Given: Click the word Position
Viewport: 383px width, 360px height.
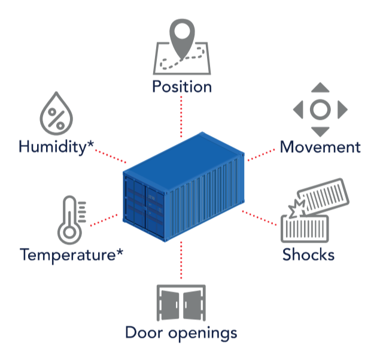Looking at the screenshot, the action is pos(182,87).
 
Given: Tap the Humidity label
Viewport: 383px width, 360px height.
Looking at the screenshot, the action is pos(56,147).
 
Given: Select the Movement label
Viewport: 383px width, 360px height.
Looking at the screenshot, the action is pos(320,147).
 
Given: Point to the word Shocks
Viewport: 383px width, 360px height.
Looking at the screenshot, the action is pos(308,255).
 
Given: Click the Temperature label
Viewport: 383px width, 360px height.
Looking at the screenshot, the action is pos(71,255).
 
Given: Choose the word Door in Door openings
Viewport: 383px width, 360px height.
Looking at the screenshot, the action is pos(144,332).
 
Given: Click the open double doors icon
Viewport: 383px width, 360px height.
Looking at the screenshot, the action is pos(181,302).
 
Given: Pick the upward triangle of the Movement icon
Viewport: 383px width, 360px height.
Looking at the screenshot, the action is pos(320,87).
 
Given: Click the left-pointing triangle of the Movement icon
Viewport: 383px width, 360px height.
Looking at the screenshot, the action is pos(298,110).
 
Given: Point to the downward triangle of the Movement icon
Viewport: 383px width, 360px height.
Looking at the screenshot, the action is pos(320,132).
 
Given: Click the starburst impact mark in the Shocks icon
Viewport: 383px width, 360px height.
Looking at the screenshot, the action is pos(297,210).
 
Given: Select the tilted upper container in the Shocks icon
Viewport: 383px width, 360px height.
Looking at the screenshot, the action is pos(323,196).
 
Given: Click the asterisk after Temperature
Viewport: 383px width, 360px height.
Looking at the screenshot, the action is pos(120,252).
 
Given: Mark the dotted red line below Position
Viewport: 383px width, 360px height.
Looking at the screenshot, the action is pos(181,117).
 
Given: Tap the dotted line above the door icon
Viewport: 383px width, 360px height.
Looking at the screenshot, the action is pos(181,260).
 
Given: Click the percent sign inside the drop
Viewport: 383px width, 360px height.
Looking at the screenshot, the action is pos(56,119).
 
